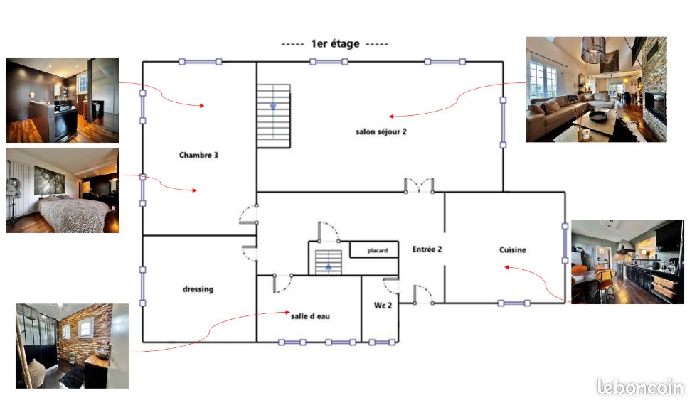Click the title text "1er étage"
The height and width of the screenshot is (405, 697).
(335, 43)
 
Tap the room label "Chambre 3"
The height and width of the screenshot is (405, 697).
(198, 155)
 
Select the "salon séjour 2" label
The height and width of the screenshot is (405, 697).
(381, 131)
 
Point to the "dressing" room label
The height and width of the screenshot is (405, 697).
(198, 289)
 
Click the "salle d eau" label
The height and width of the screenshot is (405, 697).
(310, 316)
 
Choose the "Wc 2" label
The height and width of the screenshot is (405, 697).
(383, 305)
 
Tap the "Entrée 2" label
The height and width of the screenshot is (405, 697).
(427, 249)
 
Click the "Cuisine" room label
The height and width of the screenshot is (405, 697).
(513, 249)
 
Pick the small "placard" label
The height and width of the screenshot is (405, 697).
(378, 250)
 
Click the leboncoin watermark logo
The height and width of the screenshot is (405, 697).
(640, 387)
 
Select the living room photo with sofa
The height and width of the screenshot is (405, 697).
(596, 90)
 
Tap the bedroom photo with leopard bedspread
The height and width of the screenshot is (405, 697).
(63, 190)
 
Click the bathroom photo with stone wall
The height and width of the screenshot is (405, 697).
(72, 346)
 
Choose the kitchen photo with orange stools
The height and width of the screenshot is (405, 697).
(627, 261)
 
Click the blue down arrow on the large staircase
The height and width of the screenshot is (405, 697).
(273, 107)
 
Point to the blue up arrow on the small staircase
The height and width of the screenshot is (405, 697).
(329, 267)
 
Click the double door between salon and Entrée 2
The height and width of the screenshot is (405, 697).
(419, 185)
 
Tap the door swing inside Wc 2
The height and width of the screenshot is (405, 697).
(391, 286)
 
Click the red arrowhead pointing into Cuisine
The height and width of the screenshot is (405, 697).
(506, 267)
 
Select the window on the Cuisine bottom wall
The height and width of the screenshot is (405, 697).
(514, 303)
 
